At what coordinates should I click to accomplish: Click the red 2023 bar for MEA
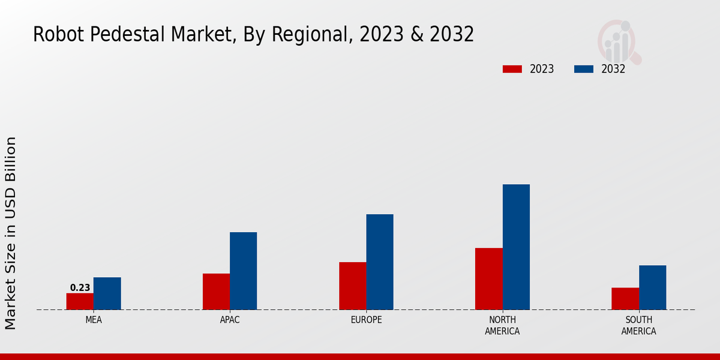point(80,301)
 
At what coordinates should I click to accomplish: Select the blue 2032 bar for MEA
point(107,293)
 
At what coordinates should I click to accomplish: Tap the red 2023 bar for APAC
point(216,292)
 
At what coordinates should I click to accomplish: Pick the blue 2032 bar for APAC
point(243,271)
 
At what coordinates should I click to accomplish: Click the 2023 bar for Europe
point(352,286)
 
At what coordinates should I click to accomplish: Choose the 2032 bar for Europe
point(380,262)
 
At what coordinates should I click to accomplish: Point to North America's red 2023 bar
point(488,278)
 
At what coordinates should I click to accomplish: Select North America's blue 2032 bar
point(516,247)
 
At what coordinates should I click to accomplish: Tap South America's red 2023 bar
point(625,299)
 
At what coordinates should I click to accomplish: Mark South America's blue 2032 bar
point(652,287)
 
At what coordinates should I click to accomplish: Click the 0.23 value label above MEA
point(80,288)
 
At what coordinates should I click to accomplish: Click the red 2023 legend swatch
point(512,69)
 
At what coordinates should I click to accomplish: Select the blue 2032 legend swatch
point(583,69)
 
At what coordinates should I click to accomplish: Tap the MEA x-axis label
point(94,320)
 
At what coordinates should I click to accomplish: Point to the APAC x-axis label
point(230,320)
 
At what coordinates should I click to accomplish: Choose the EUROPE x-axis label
point(366,320)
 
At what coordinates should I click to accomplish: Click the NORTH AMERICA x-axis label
point(502,325)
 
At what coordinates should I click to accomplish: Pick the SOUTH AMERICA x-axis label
point(638,325)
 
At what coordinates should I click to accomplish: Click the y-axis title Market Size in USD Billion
point(11,233)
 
